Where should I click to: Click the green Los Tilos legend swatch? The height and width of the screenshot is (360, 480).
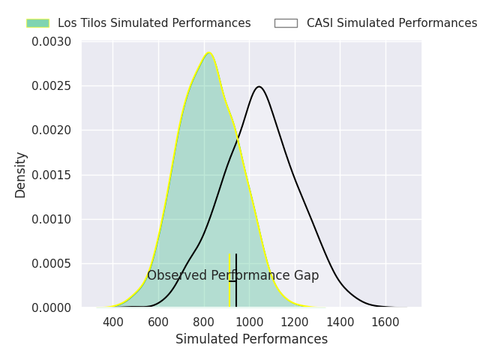37,23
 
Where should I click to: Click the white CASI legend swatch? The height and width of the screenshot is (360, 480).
286,23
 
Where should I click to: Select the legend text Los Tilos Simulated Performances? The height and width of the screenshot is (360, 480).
154,23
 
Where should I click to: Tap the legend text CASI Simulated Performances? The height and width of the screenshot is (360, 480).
391,23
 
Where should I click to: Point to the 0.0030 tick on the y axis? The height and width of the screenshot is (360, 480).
51,42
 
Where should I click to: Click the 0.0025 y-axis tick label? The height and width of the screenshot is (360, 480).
51,86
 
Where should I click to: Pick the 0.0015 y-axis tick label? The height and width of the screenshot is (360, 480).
51,175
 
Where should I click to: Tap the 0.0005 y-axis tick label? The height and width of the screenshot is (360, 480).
51,263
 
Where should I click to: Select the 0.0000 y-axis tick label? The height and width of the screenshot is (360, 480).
51,307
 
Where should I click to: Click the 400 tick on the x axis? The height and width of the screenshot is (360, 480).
113,322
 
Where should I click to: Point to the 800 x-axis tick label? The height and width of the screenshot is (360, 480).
204,322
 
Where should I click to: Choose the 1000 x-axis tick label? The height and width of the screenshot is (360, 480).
250,322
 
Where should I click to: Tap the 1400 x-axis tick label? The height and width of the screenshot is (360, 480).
340,322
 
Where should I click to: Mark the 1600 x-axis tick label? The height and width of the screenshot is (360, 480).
385,322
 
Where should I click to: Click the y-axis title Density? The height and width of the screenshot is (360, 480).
21,175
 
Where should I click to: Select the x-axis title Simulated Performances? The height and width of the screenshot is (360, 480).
251,340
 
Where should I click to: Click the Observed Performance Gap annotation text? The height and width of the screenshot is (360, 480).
232,276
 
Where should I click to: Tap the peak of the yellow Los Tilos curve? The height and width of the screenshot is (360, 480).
209,52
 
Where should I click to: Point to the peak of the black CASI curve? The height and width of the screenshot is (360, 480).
259,86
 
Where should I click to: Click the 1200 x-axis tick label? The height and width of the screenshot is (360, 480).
295,322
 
